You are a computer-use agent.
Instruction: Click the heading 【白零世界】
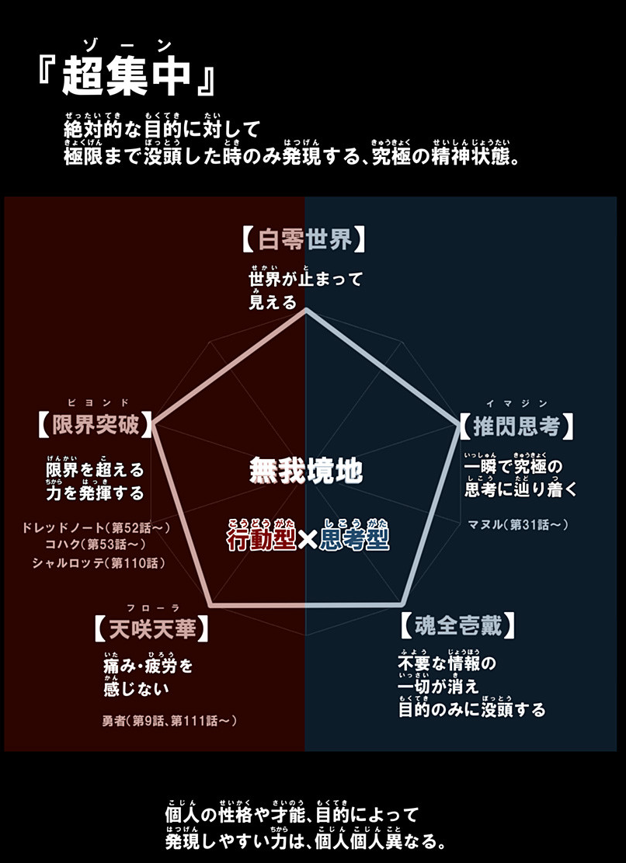click(304, 239)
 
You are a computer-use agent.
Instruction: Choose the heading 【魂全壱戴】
click(457, 625)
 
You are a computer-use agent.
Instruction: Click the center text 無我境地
click(306, 470)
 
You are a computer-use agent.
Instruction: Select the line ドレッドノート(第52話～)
click(97, 528)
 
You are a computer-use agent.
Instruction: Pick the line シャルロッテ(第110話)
click(98, 562)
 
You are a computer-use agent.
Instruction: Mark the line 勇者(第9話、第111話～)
click(169, 721)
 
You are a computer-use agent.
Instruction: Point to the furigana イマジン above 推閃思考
click(516, 402)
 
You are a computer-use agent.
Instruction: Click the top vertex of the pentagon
click(306, 308)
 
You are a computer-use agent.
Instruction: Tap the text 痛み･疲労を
click(148, 666)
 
